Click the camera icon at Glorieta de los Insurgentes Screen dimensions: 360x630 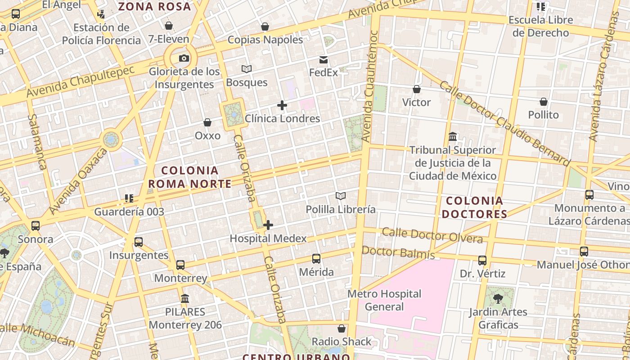click(184, 58)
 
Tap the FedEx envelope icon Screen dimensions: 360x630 click(323, 60)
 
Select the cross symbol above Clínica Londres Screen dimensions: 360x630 click(282, 105)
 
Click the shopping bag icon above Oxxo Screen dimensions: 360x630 click(207, 122)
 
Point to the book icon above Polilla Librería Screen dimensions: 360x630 click(341, 196)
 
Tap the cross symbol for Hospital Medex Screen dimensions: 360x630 click(268, 225)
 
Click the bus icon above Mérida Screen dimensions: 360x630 click(316, 259)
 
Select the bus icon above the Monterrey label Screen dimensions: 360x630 click(180, 265)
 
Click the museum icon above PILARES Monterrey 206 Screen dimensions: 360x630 click(185, 298)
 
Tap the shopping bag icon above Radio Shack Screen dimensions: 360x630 click(342, 328)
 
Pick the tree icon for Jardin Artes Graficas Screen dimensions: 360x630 click(498, 298)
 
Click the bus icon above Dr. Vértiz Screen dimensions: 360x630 click(482, 260)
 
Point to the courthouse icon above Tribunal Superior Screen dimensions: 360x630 click(453, 136)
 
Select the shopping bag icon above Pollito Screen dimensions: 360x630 click(544, 102)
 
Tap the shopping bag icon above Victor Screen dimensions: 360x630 click(417, 89)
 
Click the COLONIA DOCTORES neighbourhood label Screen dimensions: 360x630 click(475, 207)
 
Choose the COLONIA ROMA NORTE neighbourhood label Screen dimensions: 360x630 click(189, 177)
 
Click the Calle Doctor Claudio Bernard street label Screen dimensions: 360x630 click(504, 123)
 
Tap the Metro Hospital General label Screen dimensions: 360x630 click(384, 300)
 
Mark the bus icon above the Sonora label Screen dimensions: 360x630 click(36, 226)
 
